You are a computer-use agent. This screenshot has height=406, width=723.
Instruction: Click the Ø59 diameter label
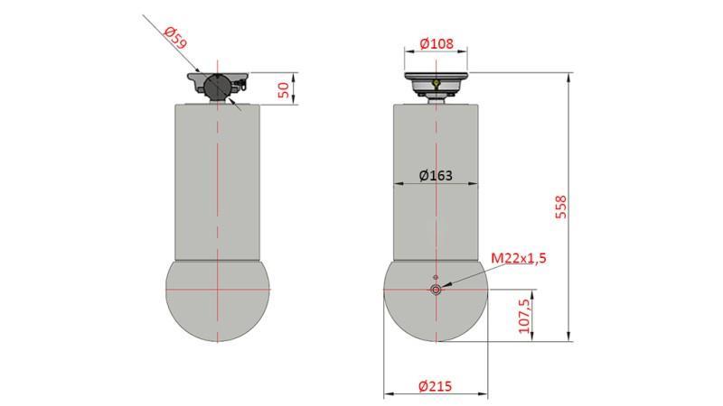[x=175, y=39]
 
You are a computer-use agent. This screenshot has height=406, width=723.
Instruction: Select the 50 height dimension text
[x=283, y=88]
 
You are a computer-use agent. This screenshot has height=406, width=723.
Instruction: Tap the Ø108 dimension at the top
[x=437, y=42]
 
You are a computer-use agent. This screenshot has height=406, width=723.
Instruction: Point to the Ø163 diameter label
[x=437, y=175]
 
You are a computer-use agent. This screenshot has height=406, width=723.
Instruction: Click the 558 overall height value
[x=561, y=207]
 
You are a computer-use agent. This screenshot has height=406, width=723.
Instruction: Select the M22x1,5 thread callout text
[x=519, y=259]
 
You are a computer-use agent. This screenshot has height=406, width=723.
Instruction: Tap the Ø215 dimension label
[x=437, y=385]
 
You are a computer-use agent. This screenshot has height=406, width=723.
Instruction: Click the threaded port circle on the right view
[x=437, y=290]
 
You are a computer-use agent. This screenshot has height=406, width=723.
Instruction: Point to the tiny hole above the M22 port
[x=437, y=277]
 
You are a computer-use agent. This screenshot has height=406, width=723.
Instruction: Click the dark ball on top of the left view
[x=218, y=87]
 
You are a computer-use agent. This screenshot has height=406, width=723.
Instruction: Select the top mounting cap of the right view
[x=437, y=82]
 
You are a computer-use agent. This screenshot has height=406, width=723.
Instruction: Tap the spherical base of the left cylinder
[x=218, y=302]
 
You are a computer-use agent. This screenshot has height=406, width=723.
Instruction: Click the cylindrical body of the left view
[x=218, y=180]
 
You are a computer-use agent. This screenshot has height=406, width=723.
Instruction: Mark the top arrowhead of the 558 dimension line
[x=568, y=77]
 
